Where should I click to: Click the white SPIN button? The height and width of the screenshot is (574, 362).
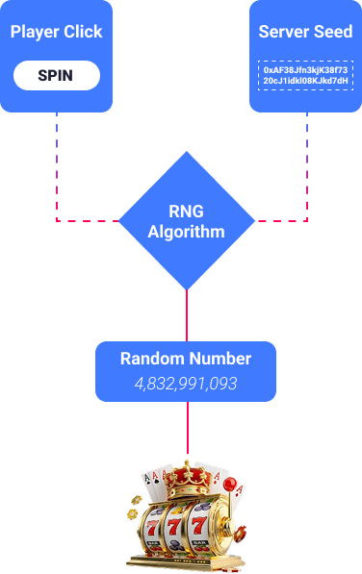coord(57,75)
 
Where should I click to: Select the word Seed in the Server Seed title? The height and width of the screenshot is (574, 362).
coord(333,32)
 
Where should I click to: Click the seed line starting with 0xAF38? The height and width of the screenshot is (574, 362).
coord(305,70)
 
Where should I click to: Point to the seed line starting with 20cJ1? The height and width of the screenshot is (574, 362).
coord(305,81)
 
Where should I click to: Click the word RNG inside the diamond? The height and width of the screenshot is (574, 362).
coord(186,212)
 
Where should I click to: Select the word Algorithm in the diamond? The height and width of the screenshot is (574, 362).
coord(186,232)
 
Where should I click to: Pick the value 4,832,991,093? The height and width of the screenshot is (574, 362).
coord(186,384)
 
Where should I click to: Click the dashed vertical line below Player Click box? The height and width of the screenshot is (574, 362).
coord(57,166)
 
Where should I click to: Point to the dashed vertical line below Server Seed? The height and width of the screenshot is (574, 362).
coord(307,166)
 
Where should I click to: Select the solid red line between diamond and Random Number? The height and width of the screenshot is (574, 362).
coord(187,315)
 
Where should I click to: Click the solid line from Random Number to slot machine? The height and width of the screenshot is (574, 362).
coord(188,428)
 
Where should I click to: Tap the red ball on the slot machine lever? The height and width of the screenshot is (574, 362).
coord(230,485)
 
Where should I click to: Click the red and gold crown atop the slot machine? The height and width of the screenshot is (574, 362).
coord(187,479)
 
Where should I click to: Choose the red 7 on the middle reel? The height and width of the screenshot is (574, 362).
coord(174,527)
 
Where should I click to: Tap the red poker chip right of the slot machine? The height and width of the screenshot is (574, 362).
coord(241,534)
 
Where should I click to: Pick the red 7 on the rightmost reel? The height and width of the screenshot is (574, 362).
coord(198,526)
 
